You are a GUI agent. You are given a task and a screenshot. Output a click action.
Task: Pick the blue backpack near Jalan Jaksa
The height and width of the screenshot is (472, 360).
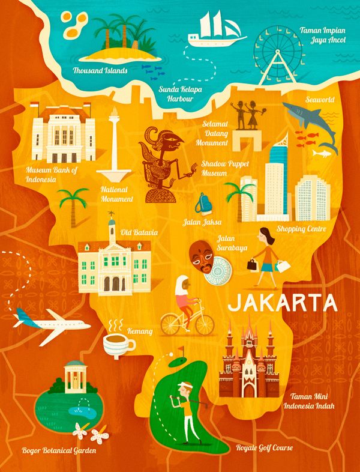203,203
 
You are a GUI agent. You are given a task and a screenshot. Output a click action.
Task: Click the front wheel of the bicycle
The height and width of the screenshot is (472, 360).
203,325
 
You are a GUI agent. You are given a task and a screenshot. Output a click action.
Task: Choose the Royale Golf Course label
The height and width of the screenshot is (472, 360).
263,448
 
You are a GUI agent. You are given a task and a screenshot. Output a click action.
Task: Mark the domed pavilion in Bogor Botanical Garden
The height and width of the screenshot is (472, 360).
74,377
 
